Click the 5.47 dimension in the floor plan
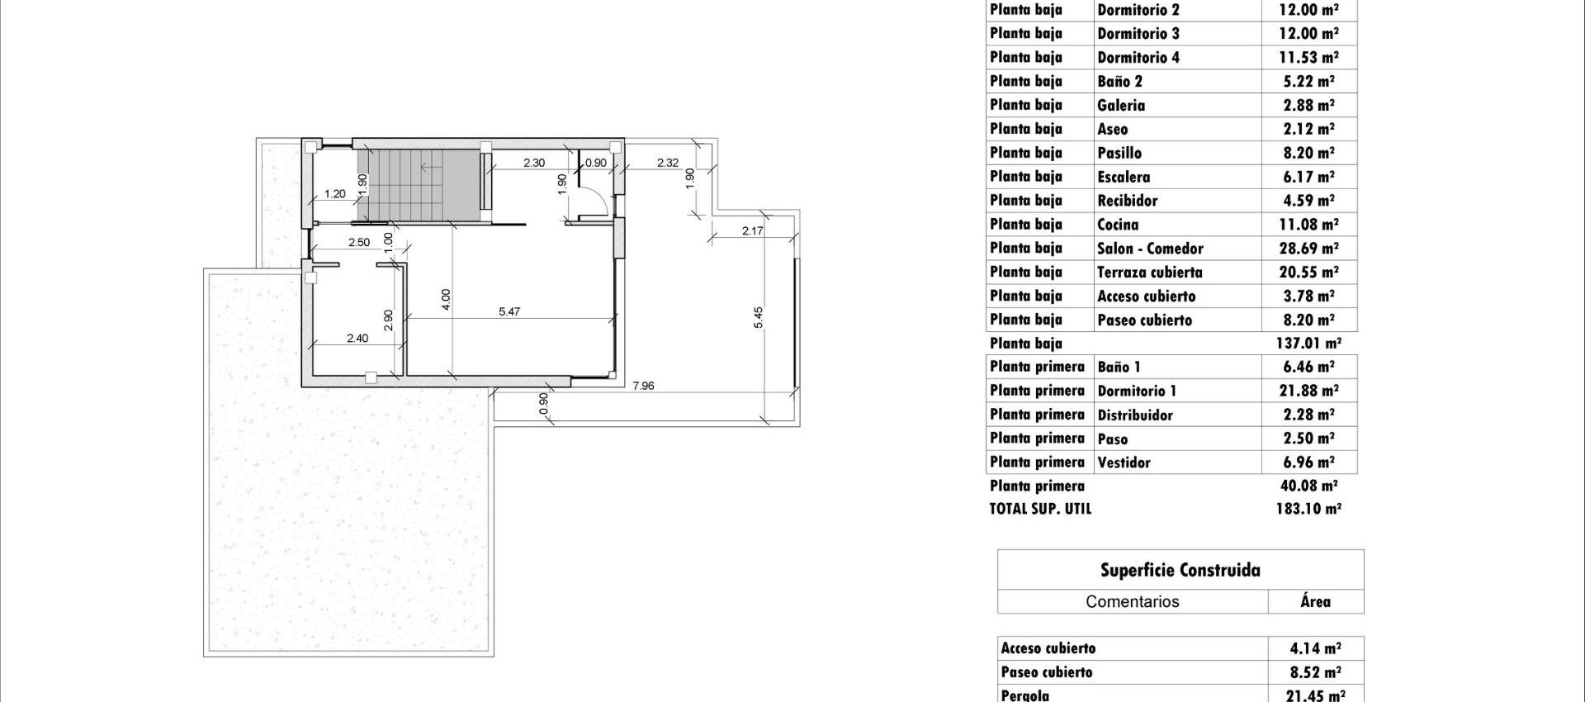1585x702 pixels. [x=509, y=311]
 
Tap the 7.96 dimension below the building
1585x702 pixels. [x=642, y=385]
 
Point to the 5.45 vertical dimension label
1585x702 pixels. [x=758, y=318]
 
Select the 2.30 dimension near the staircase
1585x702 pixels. [x=534, y=163]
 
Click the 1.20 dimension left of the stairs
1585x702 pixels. [x=334, y=194]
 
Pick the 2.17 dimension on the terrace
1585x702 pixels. [x=752, y=230]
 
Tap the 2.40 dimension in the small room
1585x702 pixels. [x=357, y=338]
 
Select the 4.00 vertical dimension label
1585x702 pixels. [x=446, y=299]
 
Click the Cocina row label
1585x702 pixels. [x=1118, y=225]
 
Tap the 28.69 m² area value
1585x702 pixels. [x=1308, y=249]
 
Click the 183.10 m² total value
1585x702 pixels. [x=1308, y=509]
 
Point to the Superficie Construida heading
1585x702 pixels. [x=1180, y=570]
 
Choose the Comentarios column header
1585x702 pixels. [x=1132, y=601]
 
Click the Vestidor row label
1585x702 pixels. [x=1124, y=462]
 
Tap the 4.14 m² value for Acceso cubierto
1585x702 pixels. [x=1315, y=648]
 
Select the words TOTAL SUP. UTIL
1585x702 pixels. [x=1040, y=509]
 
